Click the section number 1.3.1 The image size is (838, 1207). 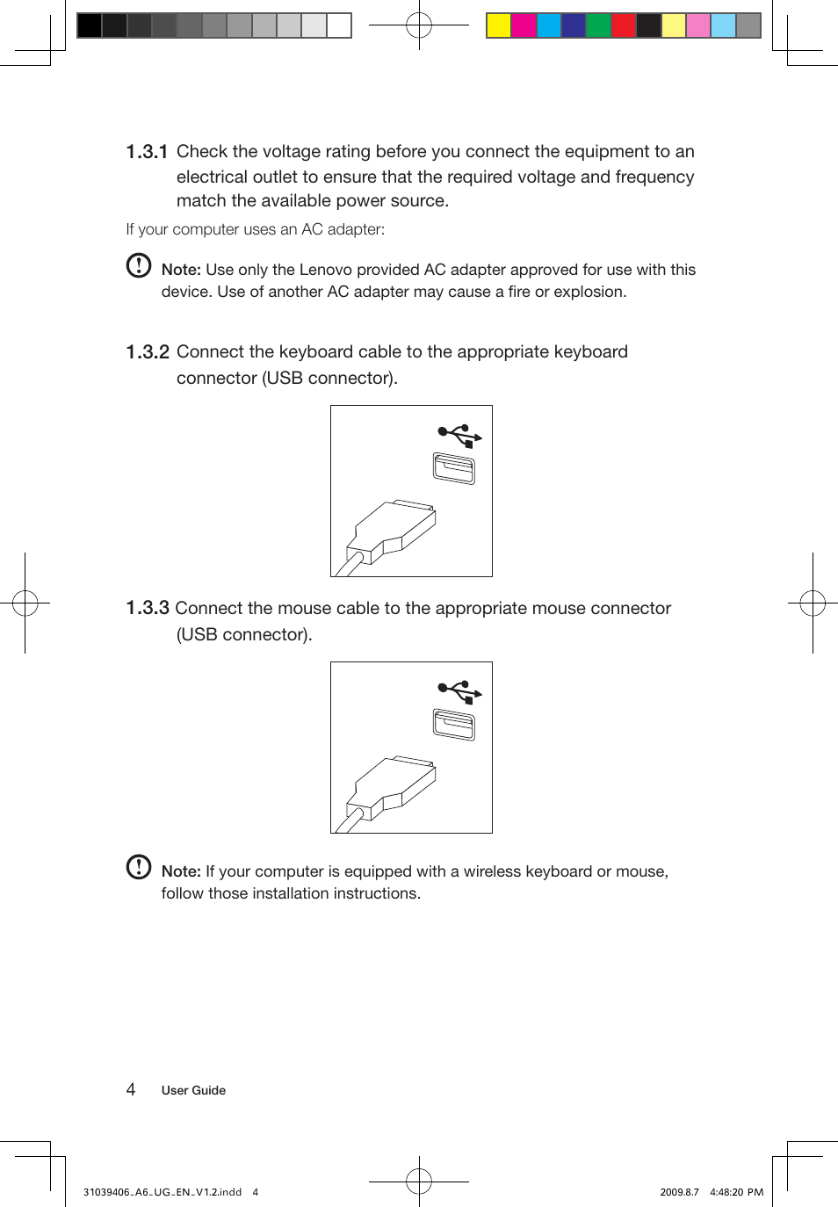[x=147, y=152]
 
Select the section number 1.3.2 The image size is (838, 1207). [x=147, y=352]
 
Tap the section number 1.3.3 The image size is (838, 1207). [x=147, y=608]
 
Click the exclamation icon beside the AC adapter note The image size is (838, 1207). [x=139, y=265]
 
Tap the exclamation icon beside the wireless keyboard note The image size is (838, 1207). [x=139, y=867]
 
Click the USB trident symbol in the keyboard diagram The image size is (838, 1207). [x=459, y=435]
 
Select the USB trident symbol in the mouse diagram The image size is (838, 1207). [x=459, y=692]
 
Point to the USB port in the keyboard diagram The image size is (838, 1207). [x=454, y=468]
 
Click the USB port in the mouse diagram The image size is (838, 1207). [x=454, y=725]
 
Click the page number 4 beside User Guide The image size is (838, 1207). [x=131, y=1090]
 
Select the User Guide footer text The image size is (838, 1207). [x=193, y=1090]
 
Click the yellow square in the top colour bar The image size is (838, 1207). [x=499, y=25]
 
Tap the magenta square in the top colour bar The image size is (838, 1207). [x=524, y=25]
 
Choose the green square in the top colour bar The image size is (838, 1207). [x=598, y=25]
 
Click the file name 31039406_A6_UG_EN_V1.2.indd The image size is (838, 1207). [x=163, y=1192]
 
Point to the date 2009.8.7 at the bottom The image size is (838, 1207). [x=679, y=1192]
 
